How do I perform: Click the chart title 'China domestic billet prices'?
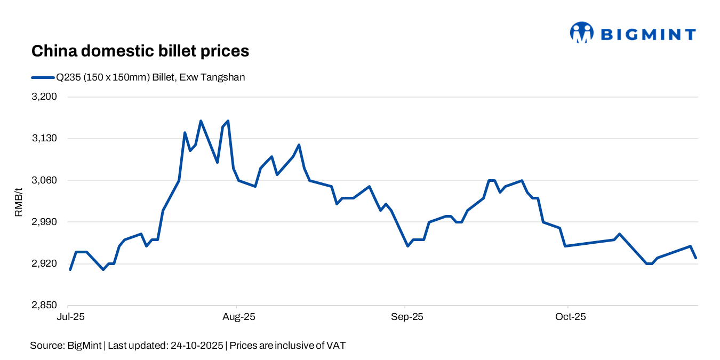point(140,51)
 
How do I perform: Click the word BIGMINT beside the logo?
point(648,35)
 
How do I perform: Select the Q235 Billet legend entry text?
point(151,77)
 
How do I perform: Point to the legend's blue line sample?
point(43,77)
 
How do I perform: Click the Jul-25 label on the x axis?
point(70,317)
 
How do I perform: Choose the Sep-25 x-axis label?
point(407,317)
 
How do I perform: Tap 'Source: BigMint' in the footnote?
point(67,346)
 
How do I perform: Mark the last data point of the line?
point(696,258)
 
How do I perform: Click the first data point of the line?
point(70,269)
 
